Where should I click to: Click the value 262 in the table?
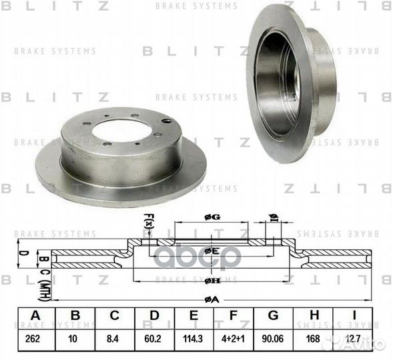[x=34, y=339]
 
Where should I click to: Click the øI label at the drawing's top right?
[x=273, y=217]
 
